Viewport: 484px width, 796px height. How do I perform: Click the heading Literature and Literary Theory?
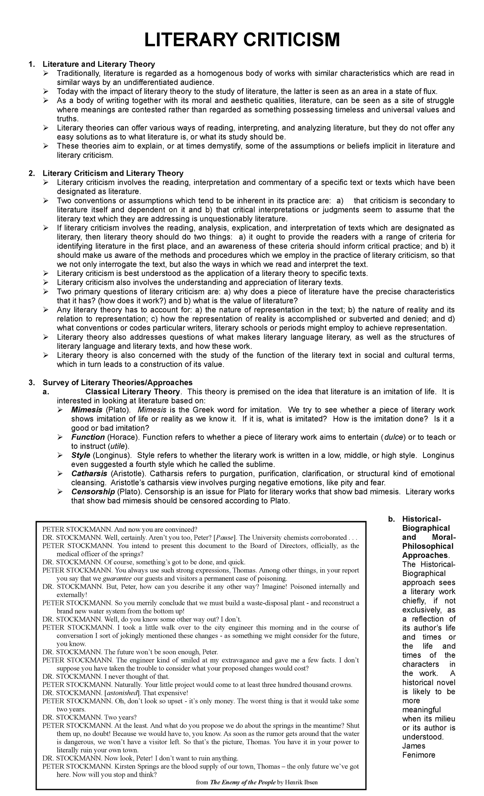point(99,64)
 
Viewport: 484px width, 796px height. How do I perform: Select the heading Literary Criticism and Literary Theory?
point(113,173)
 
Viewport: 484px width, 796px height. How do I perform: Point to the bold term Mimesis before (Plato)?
point(86,410)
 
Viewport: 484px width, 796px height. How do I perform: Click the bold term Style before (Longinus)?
point(81,455)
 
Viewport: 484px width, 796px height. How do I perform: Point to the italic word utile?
point(117,446)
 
